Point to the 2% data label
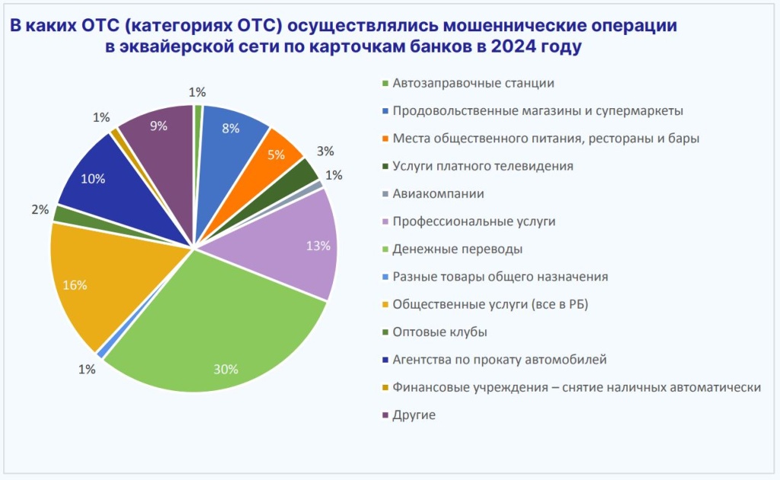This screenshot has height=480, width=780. click(x=40, y=210)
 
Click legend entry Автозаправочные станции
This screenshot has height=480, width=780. click(x=473, y=83)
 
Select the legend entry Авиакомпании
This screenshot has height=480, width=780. click(x=438, y=194)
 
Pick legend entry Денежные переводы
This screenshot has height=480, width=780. click(x=457, y=249)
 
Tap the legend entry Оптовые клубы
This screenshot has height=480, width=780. click(x=440, y=332)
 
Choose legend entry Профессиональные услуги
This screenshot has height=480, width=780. click(x=474, y=221)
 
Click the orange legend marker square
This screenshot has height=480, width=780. click(x=385, y=139)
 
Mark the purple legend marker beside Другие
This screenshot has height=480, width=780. click(x=385, y=415)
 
